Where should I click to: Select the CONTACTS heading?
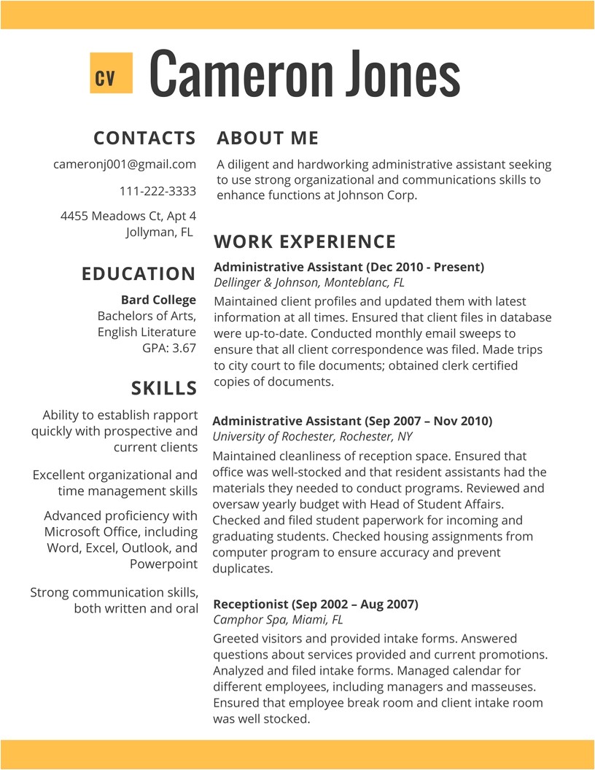click(144, 138)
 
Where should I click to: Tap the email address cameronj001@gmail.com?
click(125, 164)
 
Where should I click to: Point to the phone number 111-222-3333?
click(157, 191)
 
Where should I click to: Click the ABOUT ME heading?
click(268, 138)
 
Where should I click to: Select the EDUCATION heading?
click(139, 274)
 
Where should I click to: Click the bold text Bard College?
click(158, 300)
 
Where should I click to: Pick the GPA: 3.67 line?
click(169, 348)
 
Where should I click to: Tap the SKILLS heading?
click(164, 387)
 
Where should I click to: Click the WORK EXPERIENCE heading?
click(305, 241)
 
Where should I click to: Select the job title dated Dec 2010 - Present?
click(349, 267)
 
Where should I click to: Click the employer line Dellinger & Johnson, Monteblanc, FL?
click(308, 282)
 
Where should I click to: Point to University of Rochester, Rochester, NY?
click(312, 436)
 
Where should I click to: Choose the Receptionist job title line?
click(315, 604)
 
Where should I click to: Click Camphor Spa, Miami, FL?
click(278, 620)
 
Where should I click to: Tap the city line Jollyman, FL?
click(159, 232)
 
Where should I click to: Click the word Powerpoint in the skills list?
click(163, 564)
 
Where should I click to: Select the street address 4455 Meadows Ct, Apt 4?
click(128, 216)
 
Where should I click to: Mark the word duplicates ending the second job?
click(243, 569)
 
